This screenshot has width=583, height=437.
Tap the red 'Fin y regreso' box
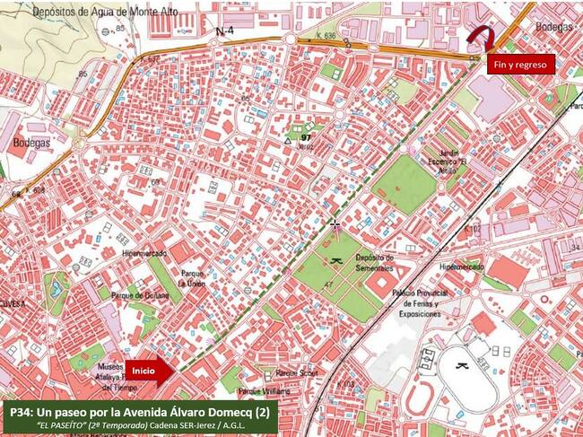point(521,64)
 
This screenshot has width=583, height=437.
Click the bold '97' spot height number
point(306,138)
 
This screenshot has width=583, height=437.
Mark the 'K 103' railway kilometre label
point(346,384)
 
